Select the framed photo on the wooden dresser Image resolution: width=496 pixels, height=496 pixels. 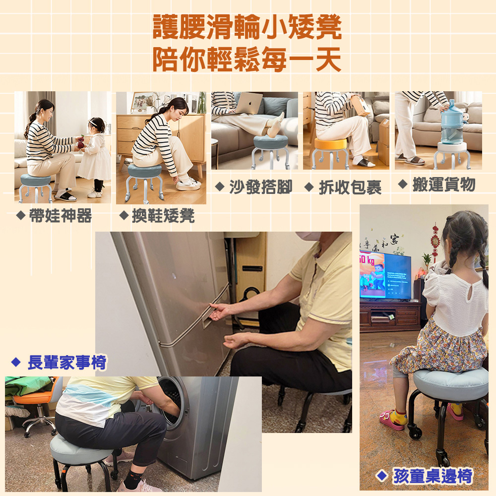point(144,103)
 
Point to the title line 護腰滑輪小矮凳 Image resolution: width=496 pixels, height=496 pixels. point(247,27)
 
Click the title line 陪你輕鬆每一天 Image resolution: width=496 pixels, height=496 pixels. point(247,60)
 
